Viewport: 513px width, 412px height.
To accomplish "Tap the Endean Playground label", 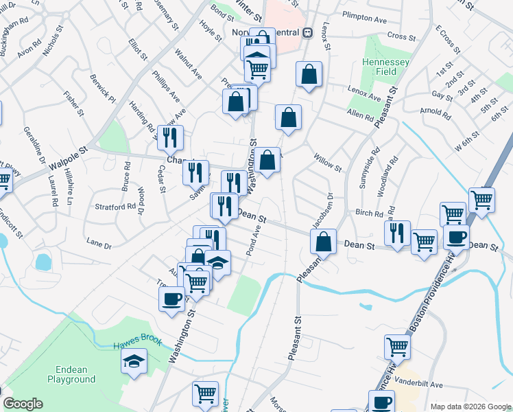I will [x=71, y=375].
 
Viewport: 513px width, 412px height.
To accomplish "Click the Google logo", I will [x=23, y=404].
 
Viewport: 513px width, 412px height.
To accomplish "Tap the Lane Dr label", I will [x=99, y=242].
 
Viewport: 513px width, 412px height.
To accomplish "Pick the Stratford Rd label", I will [x=115, y=206].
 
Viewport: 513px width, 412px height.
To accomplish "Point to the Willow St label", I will [x=327, y=165].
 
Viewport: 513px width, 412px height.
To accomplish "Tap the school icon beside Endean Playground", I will [x=134, y=360].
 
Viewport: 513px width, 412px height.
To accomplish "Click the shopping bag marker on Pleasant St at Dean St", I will [x=323, y=242].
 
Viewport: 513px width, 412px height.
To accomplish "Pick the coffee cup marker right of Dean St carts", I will [x=456, y=238].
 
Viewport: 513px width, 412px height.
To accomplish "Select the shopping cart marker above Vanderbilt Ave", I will [x=397, y=347].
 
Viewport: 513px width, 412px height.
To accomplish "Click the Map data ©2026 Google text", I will [x=470, y=406].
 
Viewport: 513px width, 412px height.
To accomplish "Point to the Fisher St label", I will [x=73, y=103].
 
